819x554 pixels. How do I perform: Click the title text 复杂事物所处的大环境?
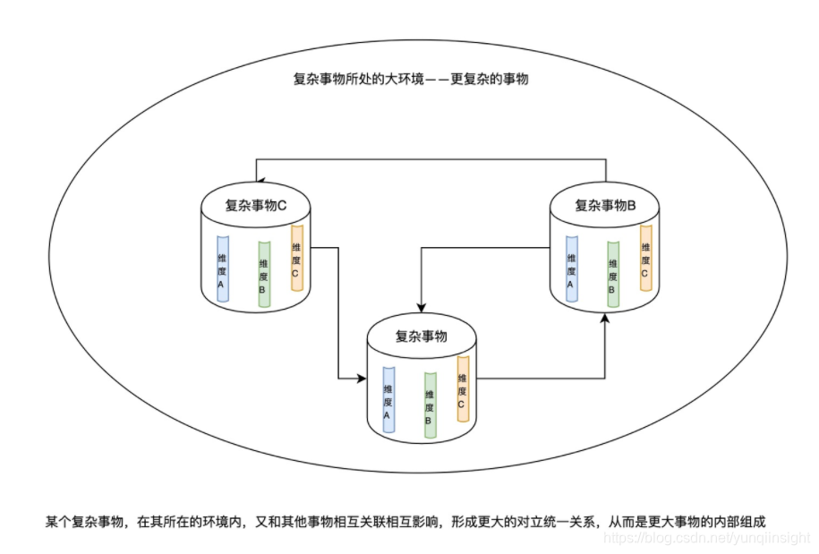[358, 79]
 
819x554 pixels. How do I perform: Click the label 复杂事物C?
[255, 205]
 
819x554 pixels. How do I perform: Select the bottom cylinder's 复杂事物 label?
[421, 337]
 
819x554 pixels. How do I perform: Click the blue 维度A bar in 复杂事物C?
[222, 266]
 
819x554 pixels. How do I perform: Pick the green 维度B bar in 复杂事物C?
[263, 275]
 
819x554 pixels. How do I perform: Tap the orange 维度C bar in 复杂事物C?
[296, 258]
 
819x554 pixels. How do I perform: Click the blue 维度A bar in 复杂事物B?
[570, 266]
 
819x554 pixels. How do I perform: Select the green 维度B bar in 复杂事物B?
[612, 275]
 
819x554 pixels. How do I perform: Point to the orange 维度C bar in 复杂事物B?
[644, 258]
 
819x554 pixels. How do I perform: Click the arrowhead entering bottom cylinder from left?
[363, 379]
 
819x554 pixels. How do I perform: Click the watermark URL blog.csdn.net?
[707, 539]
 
